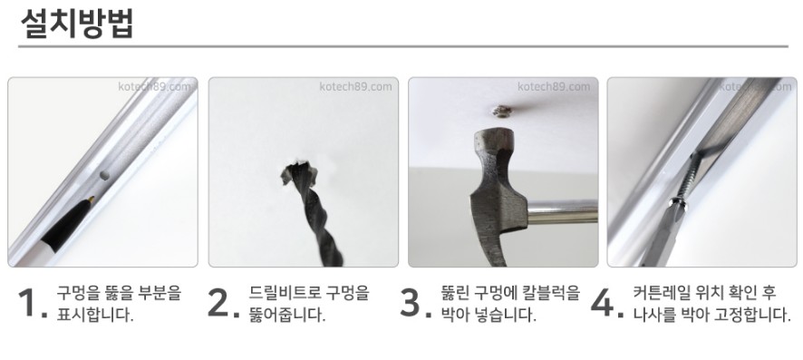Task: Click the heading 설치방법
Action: (77, 24)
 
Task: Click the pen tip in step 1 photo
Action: (91, 199)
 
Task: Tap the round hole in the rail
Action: (104, 175)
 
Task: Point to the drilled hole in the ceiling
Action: (299, 173)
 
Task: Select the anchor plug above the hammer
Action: (499, 112)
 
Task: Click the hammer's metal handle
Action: (562, 211)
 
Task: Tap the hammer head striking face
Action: (495, 133)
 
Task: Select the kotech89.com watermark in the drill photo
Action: (355, 86)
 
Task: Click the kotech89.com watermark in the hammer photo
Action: (554, 86)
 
